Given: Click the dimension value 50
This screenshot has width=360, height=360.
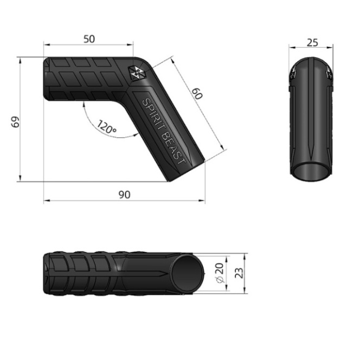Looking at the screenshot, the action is [x=89, y=39].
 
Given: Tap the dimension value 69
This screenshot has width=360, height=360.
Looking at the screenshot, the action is [x=15, y=122].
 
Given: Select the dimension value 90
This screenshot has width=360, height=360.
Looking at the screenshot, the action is [x=125, y=195].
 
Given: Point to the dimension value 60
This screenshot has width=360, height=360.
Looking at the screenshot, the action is [x=197, y=94].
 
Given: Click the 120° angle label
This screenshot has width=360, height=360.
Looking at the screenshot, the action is [x=106, y=127].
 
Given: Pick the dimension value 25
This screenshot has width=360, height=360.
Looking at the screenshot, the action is [x=312, y=43].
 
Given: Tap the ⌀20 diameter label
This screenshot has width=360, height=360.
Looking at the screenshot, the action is [x=220, y=273].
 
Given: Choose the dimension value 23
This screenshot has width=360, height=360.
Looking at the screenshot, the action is [x=239, y=273].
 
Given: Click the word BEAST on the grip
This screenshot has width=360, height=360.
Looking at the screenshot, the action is [x=173, y=149].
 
